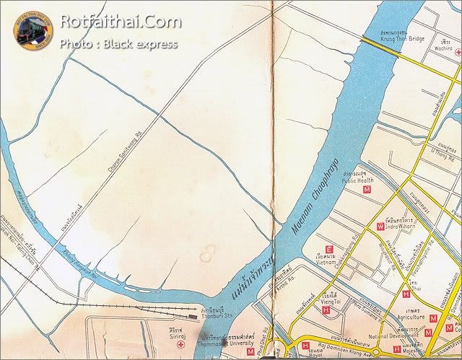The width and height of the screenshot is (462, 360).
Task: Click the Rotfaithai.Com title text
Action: point(121,22)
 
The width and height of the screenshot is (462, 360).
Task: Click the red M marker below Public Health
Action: point(367,190)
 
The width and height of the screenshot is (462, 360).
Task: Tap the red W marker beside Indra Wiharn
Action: point(380,227)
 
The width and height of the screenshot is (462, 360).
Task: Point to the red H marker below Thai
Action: point(406,294)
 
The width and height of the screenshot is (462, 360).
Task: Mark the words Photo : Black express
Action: point(118,45)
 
